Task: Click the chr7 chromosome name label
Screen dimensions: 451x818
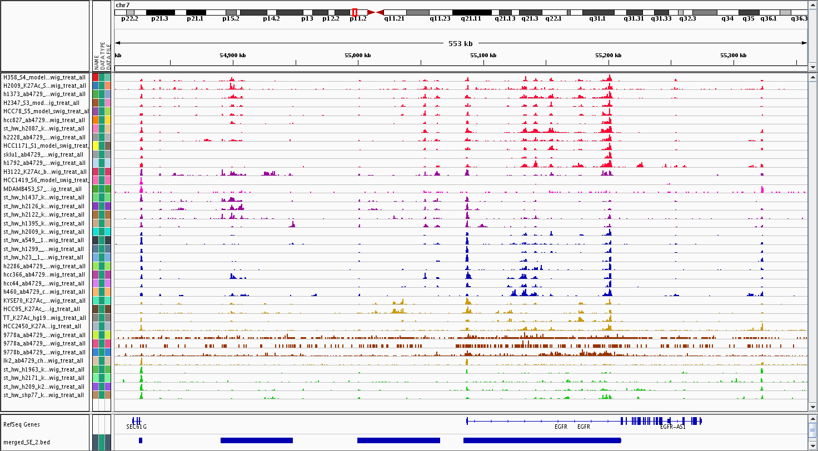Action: [x=122, y=5]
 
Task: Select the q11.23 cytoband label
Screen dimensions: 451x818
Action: [x=440, y=18]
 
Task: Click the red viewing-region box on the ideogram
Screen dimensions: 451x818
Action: [x=355, y=12]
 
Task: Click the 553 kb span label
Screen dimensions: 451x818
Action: [x=460, y=43]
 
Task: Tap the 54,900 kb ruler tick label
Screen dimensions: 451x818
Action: [x=232, y=56]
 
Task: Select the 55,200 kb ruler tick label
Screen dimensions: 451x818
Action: [x=608, y=56]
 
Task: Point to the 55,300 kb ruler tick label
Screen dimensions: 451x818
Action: [x=733, y=56]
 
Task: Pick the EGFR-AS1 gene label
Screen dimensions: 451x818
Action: [x=672, y=427]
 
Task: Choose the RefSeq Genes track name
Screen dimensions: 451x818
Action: [x=21, y=424]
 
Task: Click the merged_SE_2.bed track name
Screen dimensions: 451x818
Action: [x=27, y=442]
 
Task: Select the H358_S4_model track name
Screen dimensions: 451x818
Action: [x=44, y=77]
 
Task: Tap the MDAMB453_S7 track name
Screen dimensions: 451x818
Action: [x=44, y=189]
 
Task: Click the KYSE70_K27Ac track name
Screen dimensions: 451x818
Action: [x=44, y=300]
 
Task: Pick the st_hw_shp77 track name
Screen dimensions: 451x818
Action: [x=44, y=395]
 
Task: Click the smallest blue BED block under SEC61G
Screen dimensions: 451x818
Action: [x=141, y=440]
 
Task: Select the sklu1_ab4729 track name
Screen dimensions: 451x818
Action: [x=44, y=154]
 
